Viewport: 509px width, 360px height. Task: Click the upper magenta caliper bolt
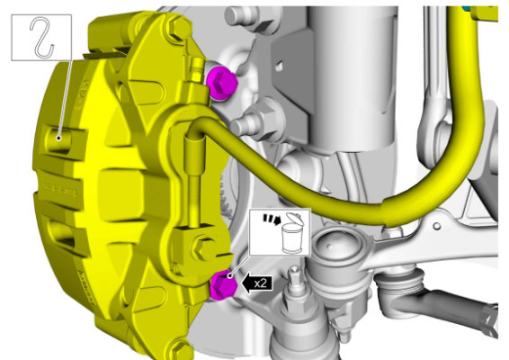point(222,83)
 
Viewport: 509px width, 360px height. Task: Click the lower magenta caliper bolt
point(224,284)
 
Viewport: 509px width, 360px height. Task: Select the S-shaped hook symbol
point(42,38)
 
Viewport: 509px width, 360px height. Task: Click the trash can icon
point(293,233)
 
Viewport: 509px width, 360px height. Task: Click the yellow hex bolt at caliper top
point(179,27)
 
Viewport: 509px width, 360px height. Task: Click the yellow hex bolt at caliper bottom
point(180,350)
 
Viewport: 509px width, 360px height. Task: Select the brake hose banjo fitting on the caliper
point(195,144)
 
